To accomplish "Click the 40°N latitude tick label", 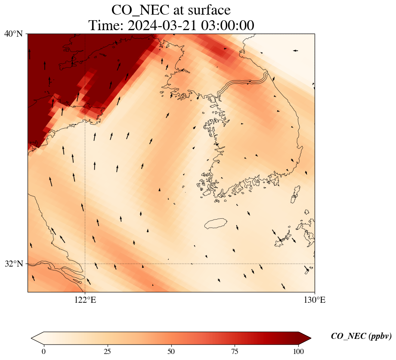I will pos(13,34).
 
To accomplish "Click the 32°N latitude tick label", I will pos(13,264).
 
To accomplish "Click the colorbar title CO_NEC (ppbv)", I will pos(361,336).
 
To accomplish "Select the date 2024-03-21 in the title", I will pos(161,25).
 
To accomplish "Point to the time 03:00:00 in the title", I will pos(226,25).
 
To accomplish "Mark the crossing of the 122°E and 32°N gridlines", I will pos(85,264).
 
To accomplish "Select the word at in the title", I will pos(176,10).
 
